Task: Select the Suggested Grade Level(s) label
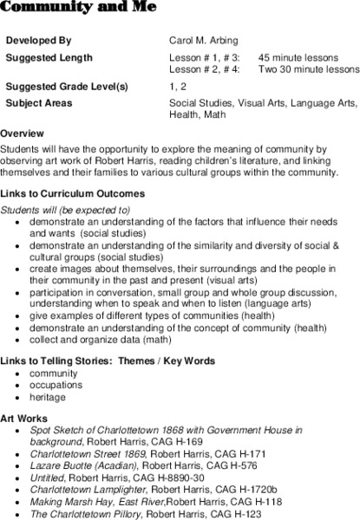pos(67,88)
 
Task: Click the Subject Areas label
pos(40,102)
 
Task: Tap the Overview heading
pos(23,133)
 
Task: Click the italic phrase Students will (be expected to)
pos(66,210)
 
